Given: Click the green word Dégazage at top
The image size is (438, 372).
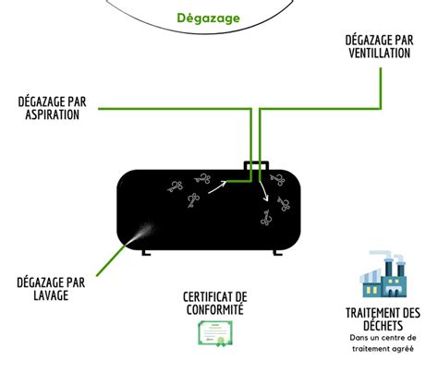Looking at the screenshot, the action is coord(208,18).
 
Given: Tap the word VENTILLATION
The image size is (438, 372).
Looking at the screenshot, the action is coord(380,53).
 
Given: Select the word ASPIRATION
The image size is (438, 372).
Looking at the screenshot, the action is coord(52,114).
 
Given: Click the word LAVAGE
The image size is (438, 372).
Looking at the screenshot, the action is coord(51,294).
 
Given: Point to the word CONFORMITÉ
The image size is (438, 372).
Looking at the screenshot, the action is coord(215,309).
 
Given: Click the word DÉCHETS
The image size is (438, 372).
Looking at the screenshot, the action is coord(383,325).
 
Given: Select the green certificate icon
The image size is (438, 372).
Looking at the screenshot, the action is coord(215,333).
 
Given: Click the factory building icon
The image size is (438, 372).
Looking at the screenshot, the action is coord(383,274).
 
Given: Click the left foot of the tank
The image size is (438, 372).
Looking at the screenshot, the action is coord(146,252).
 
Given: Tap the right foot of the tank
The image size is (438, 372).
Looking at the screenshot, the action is coord(277,253).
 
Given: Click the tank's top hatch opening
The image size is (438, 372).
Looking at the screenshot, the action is coord(256,165).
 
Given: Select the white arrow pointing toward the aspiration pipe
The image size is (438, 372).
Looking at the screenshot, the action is coord(218,186).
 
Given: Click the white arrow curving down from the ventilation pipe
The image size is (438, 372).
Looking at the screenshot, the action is coord(264,191).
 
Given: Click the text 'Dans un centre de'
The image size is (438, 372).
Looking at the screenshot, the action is coord(383,338).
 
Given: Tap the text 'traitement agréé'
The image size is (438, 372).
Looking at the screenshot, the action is coord(383,349).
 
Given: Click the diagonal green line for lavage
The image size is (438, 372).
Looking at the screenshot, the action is coord(111,259).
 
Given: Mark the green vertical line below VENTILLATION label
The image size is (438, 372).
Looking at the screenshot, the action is coord(381,89).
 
